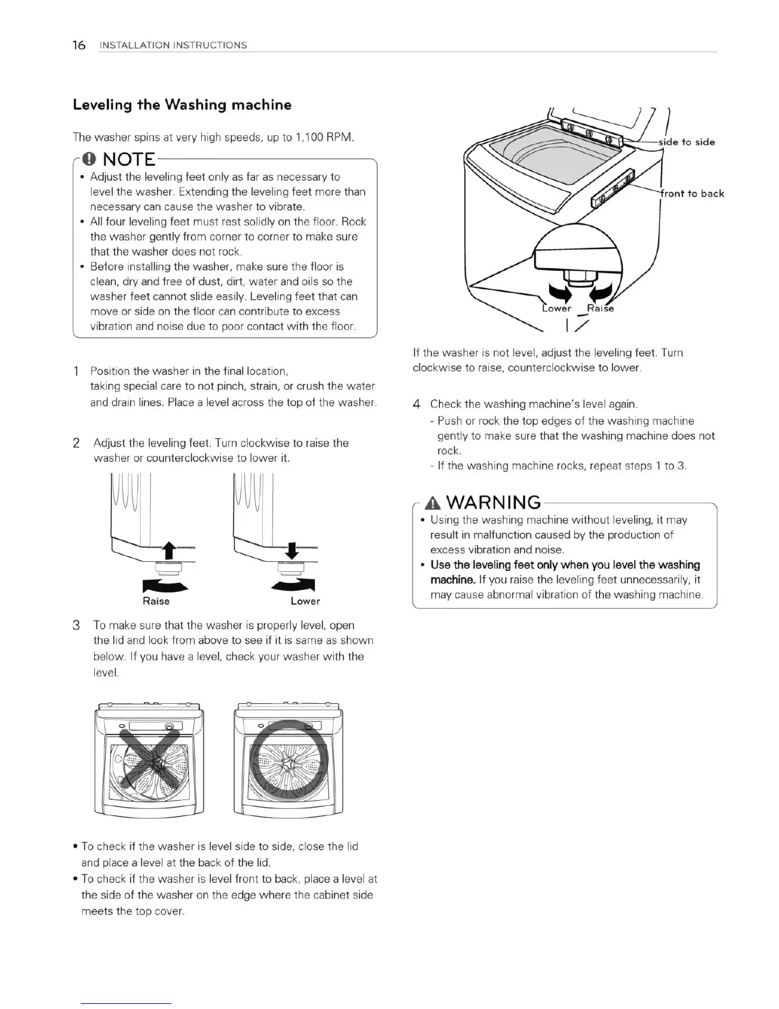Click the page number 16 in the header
79,45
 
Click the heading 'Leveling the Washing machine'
182,105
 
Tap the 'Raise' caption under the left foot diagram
156,601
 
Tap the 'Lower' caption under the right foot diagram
305,601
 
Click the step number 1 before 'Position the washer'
76,371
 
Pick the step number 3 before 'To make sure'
76,626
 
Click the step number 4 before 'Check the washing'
416,404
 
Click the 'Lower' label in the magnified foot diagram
557,309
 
